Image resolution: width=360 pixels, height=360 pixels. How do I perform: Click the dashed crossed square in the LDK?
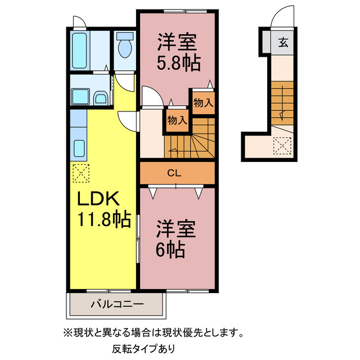coord(80,172)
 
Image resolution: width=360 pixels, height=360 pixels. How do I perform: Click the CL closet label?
coord(174,173)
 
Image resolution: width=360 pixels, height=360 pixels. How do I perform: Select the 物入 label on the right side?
coord(203,102)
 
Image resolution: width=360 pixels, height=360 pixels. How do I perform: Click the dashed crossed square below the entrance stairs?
coord(282,146)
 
